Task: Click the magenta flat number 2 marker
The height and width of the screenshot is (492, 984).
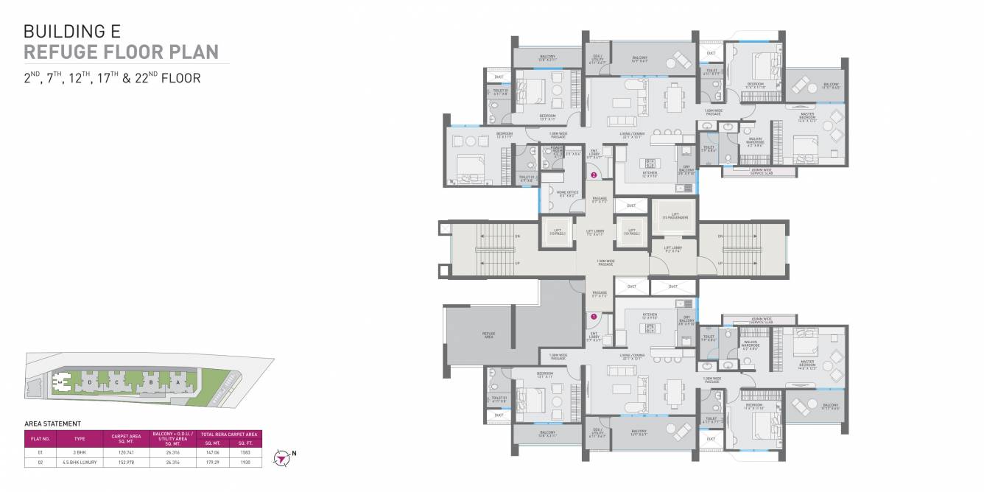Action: pyautogui.click(x=593, y=175)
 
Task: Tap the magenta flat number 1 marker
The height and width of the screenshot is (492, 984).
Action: pyautogui.click(x=593, y=316)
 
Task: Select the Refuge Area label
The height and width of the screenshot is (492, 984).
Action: pyautogui.click(x=488, y=334)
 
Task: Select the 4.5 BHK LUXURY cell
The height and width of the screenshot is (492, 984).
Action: pyautogui.click(x=78, y=462)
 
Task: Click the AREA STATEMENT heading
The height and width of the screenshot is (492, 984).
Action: pyautogui.click(x=52, y=424)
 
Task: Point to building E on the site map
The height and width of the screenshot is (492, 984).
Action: pyautogui.click(x=62, y=382)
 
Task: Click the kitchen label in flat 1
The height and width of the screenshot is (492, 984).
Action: pyautogui.click(x=650, y=315)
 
